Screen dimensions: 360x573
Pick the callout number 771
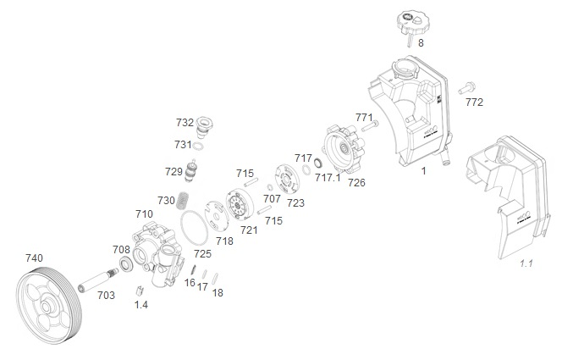point(364,117)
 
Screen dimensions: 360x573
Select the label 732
point(185,122)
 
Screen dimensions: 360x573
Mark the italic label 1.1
point(526,264)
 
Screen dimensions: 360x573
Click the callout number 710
point(143,214)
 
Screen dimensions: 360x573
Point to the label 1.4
point(140,305)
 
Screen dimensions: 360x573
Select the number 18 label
point(218,293)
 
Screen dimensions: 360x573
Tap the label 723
point(296,203)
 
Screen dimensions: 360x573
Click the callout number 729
point(174,172)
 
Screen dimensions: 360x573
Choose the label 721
point(249,230)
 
